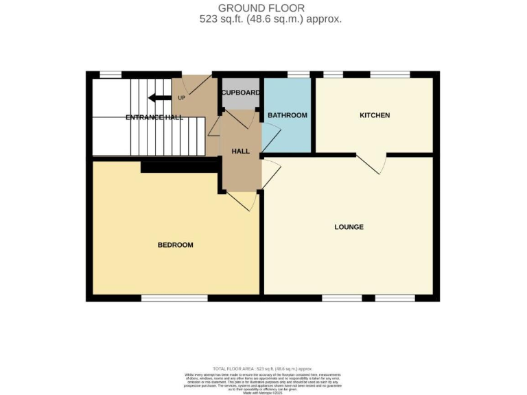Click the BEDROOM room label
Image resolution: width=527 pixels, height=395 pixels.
coord(175,245)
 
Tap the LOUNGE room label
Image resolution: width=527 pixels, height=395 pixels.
coord(349,227)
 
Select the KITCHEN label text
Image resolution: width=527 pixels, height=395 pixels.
coord(375,115)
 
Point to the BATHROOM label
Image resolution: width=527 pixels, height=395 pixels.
coord(287,115)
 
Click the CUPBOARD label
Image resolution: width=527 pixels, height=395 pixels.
coord(240,93)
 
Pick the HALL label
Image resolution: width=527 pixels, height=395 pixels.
coord(240,151)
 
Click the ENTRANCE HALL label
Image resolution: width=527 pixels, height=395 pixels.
coord(154,118)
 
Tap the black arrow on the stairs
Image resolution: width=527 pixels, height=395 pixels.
coord(160,97)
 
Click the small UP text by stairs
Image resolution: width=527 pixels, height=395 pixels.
coord(181,97)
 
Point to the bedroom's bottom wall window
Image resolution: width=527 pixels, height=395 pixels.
coord(174,298)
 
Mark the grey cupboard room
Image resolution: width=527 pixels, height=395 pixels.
coord(240,100)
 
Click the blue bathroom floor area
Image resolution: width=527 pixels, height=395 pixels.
coord(288,134)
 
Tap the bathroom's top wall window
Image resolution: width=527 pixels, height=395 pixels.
coord(298,74)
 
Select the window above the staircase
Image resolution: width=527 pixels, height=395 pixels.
coord(110,74)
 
